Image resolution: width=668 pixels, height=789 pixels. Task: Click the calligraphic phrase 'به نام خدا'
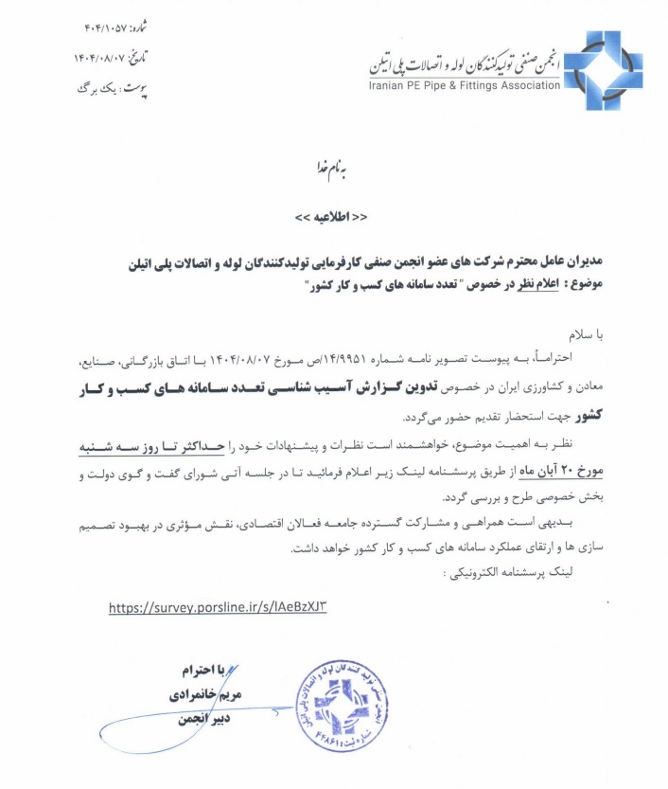pos(332,167)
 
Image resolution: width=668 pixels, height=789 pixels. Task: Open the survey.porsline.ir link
pos(222,608)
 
